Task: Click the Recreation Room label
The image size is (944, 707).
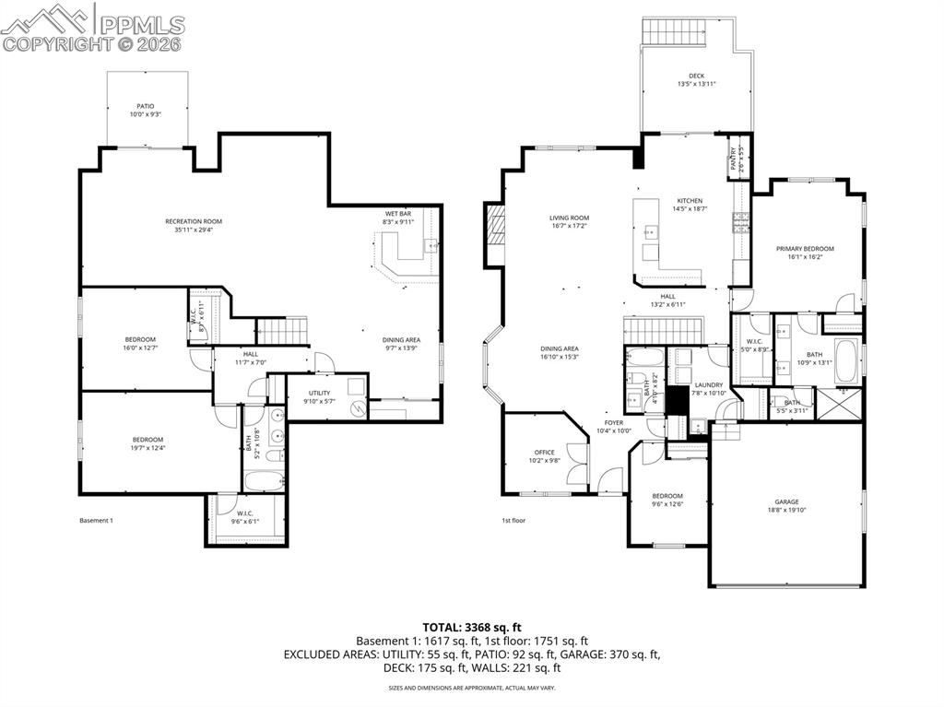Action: pyautogui.click(x=194, y=221)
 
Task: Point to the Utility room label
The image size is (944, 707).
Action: pyautogui.click(x=319, y=393)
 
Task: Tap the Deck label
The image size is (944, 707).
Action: pyautogui.click(x=696, y=77)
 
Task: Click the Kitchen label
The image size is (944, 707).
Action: pyautogui.click(x=690, y=201)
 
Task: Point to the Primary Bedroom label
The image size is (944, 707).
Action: pyautogui.click(x=805, y=249)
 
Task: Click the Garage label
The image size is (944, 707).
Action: pyautogui.click(x=786, y=502)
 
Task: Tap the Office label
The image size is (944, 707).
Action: pyautogui.click(x=544, y=453)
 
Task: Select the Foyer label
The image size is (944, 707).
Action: pyautogui.click(x=613, y=423)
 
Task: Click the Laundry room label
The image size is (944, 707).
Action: pyautogui.click(x=709, y=385)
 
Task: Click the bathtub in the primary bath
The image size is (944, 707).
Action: pyautogui.click(x=846, y=359)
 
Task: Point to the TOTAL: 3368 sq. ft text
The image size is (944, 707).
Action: pyautogui.click(x=472, y=627)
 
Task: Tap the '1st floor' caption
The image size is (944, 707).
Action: pyautogui.click(x=513, y=521)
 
